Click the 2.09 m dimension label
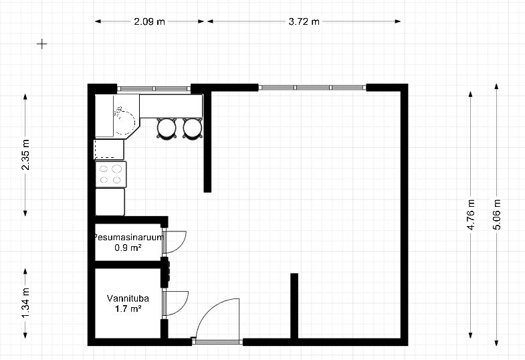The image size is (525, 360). coord(149,22)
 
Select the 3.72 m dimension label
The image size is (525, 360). coord(304,22)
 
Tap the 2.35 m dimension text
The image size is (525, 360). coord(25,155)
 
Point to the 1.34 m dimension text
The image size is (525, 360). coord(25,303)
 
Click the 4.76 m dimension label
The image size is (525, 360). coord(471,215)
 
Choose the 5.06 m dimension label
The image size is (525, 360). coord(496,215)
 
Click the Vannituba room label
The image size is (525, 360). coord(128,298)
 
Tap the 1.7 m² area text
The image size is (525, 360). coord(128,308)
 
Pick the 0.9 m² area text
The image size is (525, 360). coord(128,248)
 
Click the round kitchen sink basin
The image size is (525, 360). coord(124,121)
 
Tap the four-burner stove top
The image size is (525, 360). coord(111,174)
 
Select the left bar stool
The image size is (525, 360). coord(167,128)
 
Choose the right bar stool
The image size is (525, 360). coord(193,128)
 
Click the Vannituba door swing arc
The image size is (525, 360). coord(183,306)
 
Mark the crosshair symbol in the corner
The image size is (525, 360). coord(42,44)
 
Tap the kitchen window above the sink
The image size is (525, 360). coord(154,89)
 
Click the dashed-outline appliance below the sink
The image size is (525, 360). coord(109,149)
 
